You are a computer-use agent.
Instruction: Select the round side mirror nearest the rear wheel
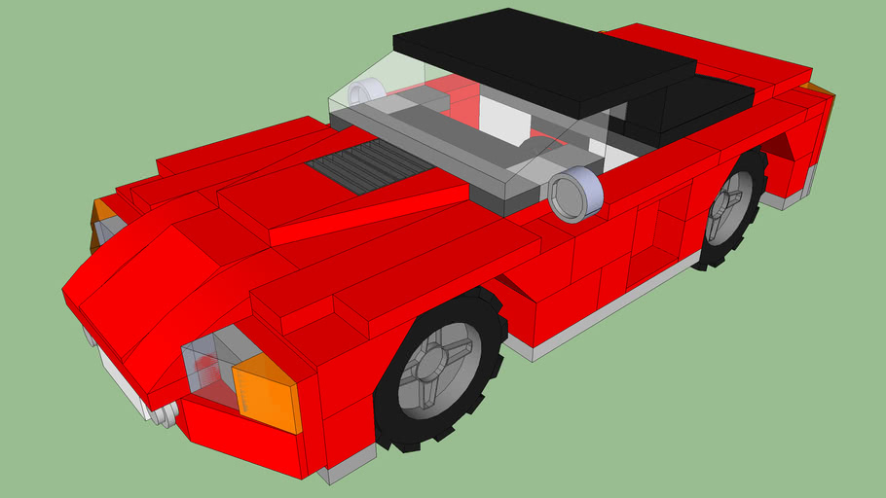[x=576, y=194]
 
